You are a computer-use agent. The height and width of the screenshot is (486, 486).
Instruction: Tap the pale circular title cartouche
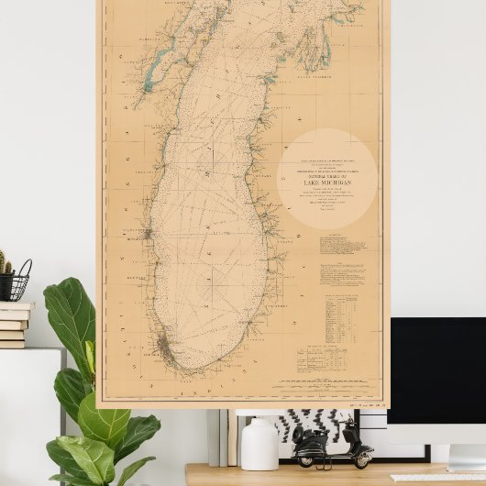pos(327,179)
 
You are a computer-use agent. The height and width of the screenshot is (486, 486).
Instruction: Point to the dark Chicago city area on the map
pos(163,347)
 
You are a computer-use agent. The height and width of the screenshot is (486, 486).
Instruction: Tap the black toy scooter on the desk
pos(332,445)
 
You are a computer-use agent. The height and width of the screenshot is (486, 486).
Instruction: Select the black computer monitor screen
pos(437,369)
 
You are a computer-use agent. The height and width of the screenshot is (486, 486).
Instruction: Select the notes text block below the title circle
pos(343,245)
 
